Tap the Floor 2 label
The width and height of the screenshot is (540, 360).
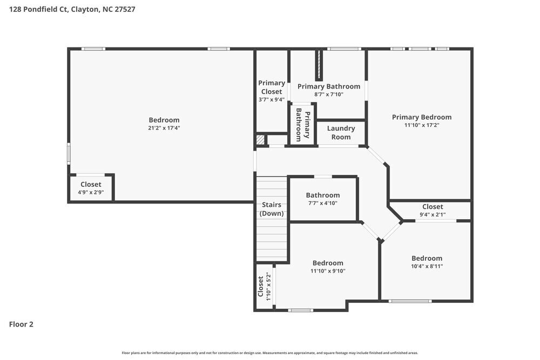click(21, 324)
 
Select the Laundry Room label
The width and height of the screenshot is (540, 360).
click(341, 133)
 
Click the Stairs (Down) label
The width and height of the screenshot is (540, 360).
click(272, 209)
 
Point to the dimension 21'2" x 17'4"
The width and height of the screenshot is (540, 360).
click(164, 128)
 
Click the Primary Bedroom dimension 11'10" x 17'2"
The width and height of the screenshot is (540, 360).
click(421, 125)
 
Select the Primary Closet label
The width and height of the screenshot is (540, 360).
click(271, 87)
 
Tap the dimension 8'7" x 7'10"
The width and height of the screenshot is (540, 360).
click(328, 94)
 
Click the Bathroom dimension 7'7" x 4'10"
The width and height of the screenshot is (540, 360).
click(323, 203)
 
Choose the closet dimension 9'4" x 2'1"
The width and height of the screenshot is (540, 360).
click(432, 214)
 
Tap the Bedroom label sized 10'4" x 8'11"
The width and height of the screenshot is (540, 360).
click(427, 258)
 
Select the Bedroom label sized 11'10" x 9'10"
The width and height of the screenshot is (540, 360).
click(327, 263)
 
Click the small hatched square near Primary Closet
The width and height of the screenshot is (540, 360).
click(260, 140)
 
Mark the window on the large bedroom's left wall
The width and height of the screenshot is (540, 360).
click(69, 153)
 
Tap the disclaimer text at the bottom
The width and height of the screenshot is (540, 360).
click(270, 352)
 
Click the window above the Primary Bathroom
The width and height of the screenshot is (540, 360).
click(344, 49)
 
